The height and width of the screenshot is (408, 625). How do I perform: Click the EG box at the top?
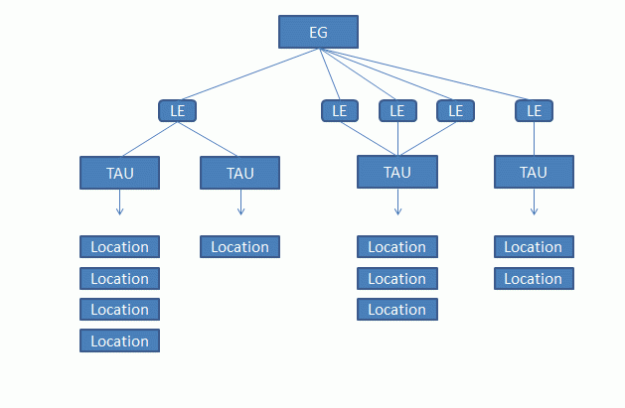(x=318, y=33)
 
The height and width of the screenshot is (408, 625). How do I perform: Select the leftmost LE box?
(x=178, y=110)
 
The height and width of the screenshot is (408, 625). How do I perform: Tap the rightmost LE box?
(x=534, y=110)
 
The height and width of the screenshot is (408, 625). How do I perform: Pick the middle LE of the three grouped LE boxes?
(x=397, y=110)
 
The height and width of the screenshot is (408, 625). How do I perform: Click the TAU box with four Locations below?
(x=119, y=173)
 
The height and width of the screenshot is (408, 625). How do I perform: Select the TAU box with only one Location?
(x=239, y=173)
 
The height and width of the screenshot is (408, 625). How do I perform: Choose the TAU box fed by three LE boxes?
(x=397, y=172)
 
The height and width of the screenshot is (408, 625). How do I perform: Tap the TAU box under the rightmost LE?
(x=534, y=172)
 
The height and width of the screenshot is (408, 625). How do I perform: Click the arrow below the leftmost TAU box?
(x=119, y=203)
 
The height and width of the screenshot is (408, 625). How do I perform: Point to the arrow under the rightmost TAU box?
(x=534, y=203)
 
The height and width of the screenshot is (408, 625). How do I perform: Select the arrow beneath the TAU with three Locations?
(x=397, y=203)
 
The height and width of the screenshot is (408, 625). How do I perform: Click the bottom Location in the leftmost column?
(x=119, y=340)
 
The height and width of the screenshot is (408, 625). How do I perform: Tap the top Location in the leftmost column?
(x=119, y=246)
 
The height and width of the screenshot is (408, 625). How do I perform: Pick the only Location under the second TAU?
(x=239, y=246)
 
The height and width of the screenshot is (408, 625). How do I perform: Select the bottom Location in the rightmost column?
(x=534, y=278)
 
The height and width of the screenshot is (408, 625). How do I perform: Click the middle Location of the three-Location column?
(x=397, y=278)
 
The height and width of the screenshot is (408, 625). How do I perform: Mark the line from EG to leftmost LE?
(x=248, y=74)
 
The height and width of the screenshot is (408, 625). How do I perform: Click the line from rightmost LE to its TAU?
(x=534, y=139)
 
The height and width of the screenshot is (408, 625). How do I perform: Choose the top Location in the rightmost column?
(x=534, y=246)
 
